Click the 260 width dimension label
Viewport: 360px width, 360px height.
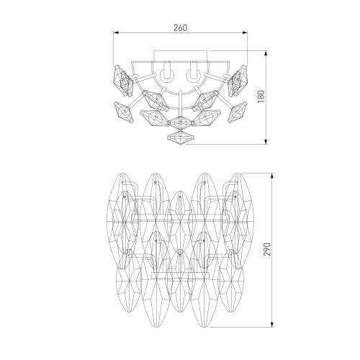click(x=180, y=28)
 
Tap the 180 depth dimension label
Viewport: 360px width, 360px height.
click(x=261, y=96)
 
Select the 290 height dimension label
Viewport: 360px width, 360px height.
click(x=267, y=249)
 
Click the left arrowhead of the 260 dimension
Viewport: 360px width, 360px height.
click(x=116, y=32)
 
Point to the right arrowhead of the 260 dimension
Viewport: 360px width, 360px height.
click(x=245, y=32)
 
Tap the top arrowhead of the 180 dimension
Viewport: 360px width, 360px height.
click(x=266, y=54)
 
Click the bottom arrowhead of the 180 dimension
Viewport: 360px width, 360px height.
click(x=266, y=141)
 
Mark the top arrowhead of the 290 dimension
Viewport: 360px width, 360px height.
click(x=272, y=176)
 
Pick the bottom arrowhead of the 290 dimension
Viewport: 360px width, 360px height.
click(x=272, y=324)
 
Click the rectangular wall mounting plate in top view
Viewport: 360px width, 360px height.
click(x=180, y=55)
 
